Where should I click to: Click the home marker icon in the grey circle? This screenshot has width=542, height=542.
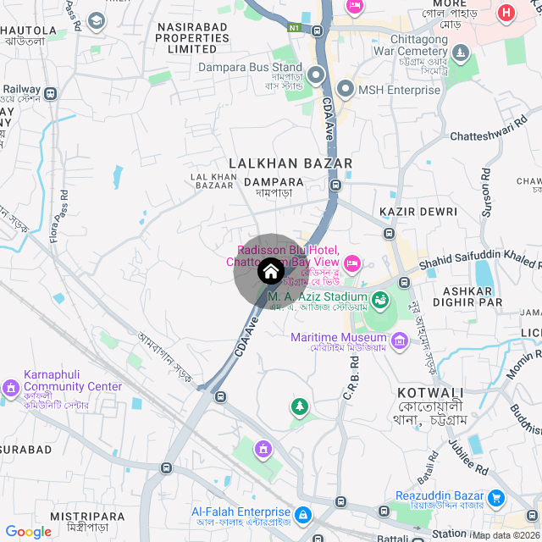(270, 271)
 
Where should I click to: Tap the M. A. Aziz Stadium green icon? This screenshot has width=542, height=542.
(380, 300)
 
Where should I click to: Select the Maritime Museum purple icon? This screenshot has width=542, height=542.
(400, 341)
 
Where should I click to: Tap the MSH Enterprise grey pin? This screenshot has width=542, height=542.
(346, 89)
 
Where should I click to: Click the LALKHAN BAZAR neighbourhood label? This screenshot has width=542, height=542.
(290, 163)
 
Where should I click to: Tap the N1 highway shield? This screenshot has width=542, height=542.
(294, 27)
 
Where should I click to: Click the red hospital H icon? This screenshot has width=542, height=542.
(506, 14)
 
